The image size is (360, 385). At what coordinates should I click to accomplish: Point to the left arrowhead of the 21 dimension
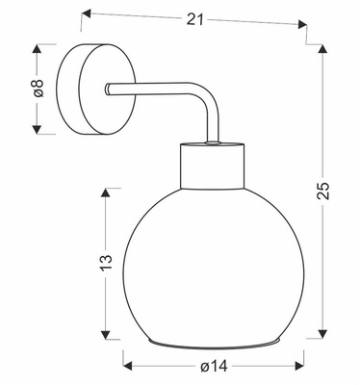[x=87, y=14]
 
